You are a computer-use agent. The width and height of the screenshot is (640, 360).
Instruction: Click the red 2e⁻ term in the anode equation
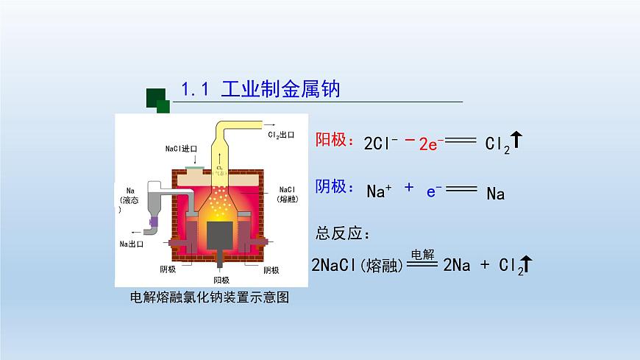coord(428,144)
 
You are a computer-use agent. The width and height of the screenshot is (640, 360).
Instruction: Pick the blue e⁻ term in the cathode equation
coord(434,191)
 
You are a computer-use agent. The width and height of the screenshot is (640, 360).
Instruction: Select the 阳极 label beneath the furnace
coord(221,280)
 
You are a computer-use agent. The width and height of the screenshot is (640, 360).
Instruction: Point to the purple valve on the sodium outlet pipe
coord(154,220)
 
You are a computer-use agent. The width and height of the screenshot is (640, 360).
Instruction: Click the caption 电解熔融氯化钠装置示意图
coord(208,297)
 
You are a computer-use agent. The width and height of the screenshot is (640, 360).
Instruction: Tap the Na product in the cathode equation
coord(496,194)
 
